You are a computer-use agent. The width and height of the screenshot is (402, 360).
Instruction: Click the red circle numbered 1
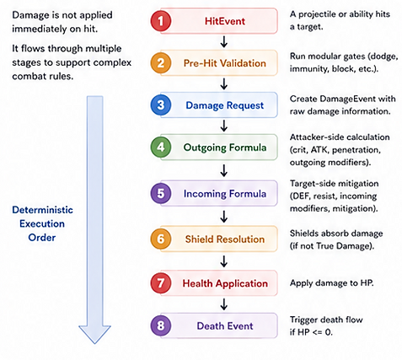161,21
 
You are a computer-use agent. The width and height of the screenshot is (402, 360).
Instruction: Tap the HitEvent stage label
225,21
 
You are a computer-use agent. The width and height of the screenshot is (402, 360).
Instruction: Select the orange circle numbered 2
161,63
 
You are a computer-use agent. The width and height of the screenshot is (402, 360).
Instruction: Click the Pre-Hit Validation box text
225,63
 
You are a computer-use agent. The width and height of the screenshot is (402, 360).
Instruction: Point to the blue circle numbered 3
161,105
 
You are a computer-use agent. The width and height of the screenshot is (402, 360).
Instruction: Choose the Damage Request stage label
225,105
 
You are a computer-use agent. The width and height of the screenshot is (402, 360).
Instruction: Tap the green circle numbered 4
161,147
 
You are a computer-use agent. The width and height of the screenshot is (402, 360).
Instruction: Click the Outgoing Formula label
225,148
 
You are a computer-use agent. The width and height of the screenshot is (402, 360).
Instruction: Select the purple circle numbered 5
161,193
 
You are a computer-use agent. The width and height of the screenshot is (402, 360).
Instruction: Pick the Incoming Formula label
225,194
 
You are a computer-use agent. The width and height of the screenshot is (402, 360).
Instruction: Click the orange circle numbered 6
161,239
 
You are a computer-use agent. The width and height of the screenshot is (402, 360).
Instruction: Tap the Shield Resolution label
225,239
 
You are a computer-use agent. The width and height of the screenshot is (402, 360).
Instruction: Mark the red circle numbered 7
161,283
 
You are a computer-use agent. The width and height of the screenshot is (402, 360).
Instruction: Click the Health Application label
225,283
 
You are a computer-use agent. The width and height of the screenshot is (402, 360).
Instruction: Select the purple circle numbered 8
161,325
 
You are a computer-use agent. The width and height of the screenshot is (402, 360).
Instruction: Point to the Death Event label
225,326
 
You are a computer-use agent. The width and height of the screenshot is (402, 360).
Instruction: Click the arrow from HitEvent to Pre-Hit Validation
224,41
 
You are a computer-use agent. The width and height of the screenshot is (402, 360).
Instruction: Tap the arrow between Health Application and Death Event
224,304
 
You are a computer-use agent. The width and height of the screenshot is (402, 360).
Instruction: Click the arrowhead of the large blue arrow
94,335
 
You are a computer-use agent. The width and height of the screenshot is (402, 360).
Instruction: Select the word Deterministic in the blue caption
42,210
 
